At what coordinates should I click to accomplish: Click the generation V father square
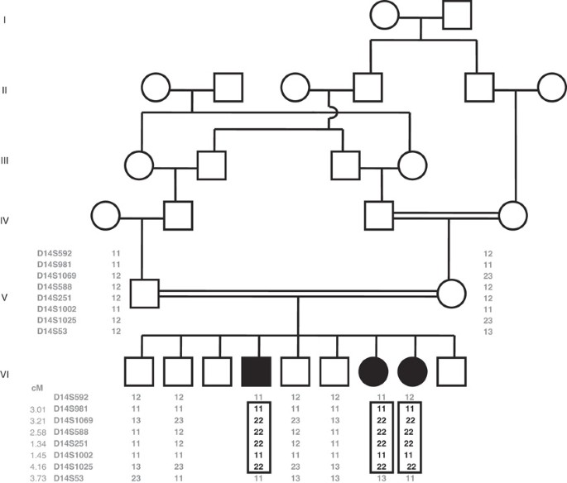(x=145, y=294)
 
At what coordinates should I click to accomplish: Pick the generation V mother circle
(x=452, y=294)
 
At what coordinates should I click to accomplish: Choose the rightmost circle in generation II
(x=551, y=87)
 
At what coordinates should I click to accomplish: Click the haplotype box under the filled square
(x=257, y=437)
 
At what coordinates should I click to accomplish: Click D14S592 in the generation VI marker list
(x=71, y=396)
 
